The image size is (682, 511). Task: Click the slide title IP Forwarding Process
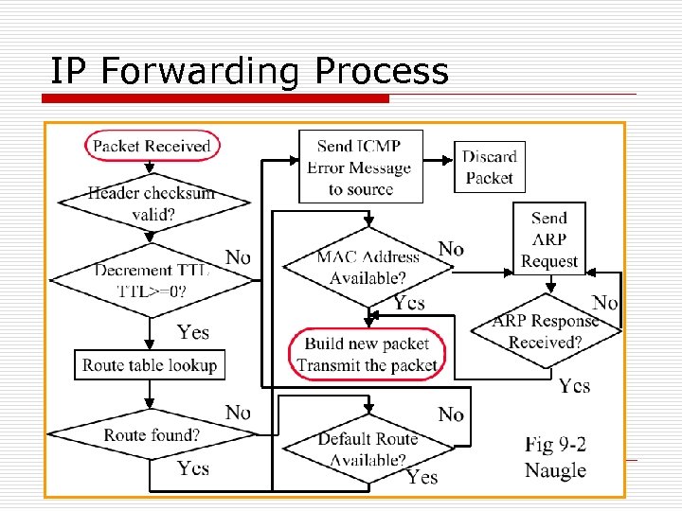249,71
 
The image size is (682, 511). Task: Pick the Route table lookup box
150,364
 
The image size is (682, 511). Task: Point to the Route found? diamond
152,435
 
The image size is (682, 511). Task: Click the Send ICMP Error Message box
360,167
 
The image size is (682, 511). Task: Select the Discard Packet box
489,167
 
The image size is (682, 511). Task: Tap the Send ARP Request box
549,239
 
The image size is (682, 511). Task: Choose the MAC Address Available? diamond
368,268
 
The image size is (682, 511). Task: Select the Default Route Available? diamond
368,449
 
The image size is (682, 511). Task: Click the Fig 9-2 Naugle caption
555,455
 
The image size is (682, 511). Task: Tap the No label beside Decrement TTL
239,257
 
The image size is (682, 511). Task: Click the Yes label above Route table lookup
193,332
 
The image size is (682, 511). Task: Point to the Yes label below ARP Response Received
574,385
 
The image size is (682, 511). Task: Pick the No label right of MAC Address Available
451,248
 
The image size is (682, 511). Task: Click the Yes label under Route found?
193,468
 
